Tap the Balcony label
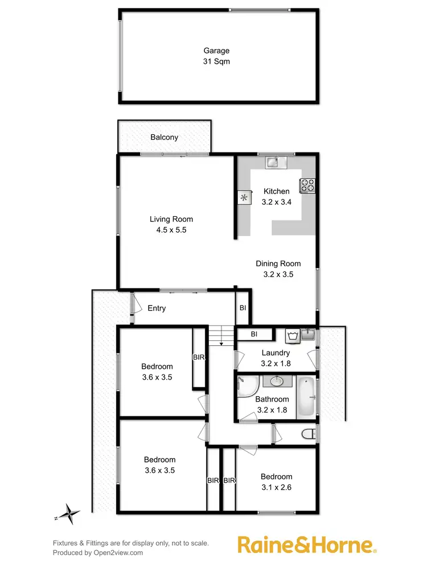coord(165,137)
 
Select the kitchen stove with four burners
coord(307,184)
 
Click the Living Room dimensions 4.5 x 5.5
coord(171,230)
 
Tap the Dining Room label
coord(278,263)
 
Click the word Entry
coord(157,308)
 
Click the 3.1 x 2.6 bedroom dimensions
coord(277,487)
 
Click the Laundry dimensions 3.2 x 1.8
coord(276,363)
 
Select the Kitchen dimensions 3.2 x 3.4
coord(277,201)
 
